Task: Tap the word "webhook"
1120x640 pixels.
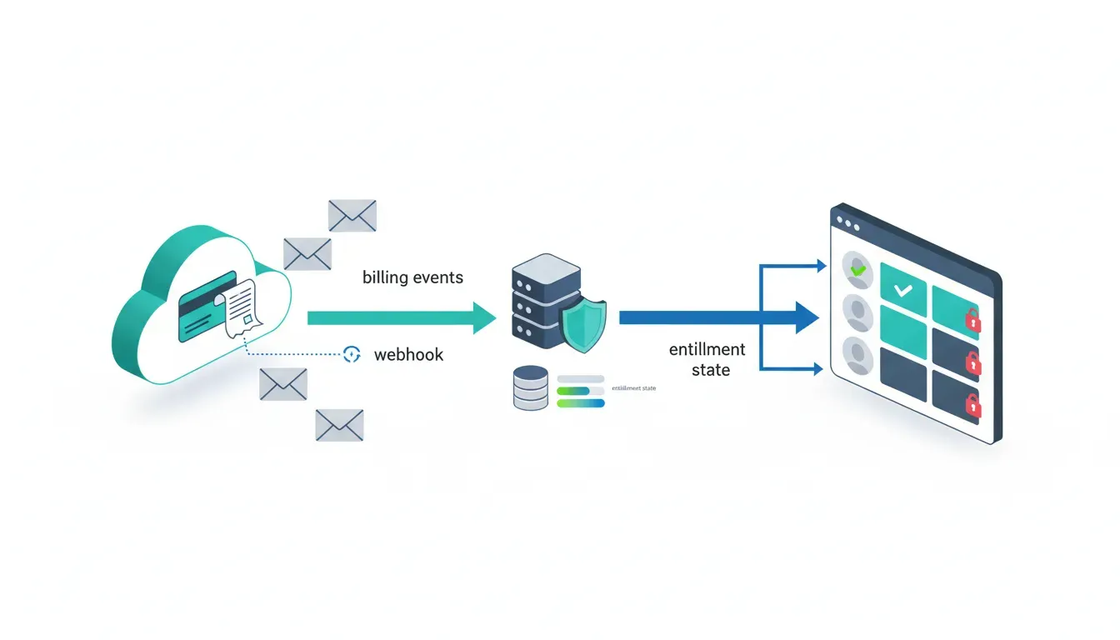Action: point(408,355)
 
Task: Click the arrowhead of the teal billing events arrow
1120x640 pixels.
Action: point(485,317)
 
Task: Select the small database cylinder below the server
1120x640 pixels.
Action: point(531,388)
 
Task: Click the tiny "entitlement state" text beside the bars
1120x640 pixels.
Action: point(633,388)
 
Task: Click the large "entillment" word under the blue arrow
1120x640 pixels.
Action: point(707,350)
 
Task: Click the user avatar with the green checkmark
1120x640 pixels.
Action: point(856,269)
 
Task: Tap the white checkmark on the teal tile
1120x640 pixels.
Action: point(902,291)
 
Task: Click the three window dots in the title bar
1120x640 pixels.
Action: point(847,225)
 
